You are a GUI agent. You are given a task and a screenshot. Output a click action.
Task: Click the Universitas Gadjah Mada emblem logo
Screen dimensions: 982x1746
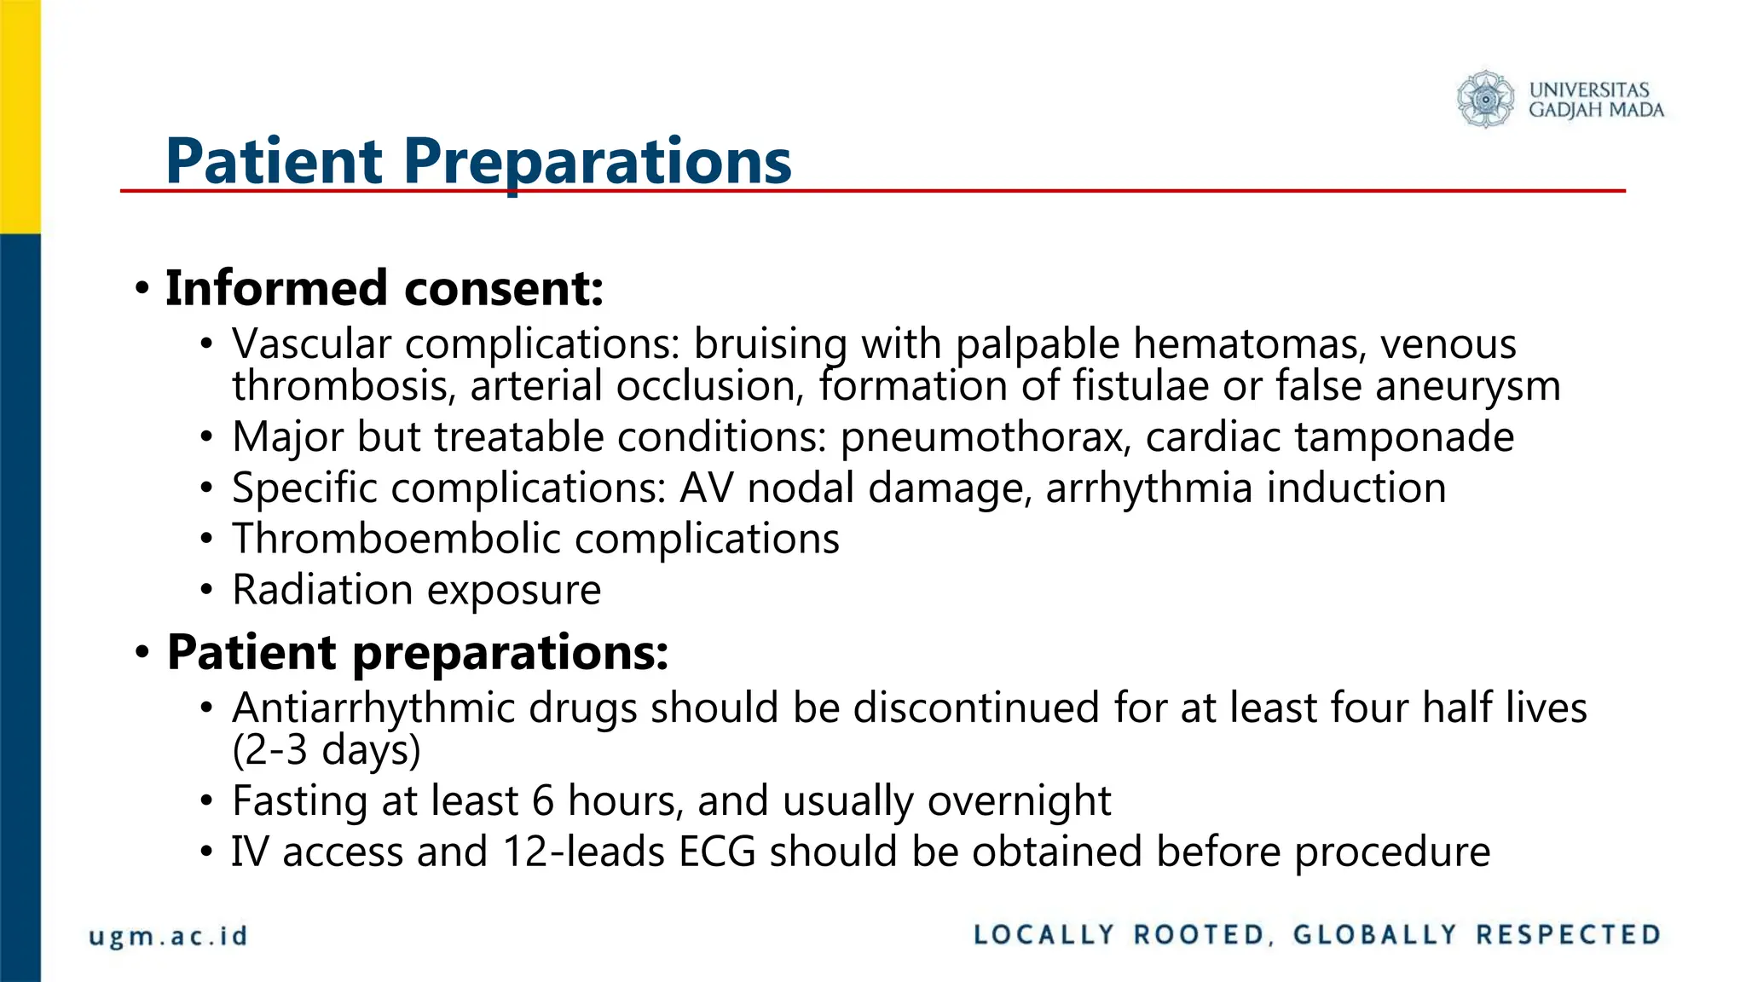pos(1485,100)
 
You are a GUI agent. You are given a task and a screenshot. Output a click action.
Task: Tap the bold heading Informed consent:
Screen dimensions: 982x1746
pos(384,288)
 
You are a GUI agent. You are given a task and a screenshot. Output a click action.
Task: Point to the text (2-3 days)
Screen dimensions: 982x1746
pos(327,750)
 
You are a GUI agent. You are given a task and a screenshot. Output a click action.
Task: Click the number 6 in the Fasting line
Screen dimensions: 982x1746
pos(542,801)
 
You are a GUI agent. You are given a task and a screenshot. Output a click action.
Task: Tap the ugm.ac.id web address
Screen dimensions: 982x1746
pos(168,936)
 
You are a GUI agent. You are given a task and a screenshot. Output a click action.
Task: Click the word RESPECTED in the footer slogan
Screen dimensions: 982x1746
pos(1569,935)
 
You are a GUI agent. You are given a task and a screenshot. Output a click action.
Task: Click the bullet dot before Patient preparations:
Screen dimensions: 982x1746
pos(142,654)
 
